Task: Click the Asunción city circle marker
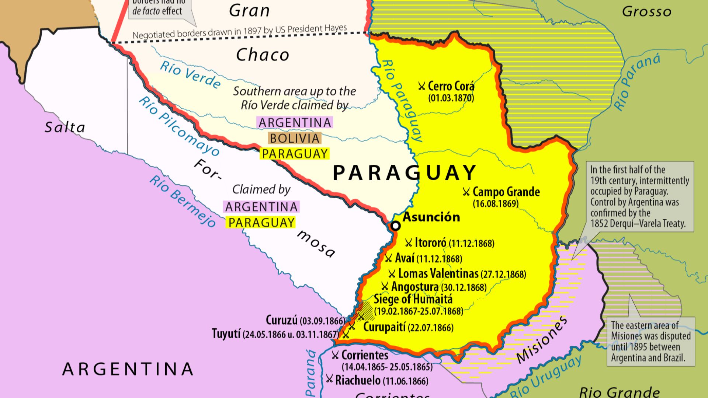pos(395,226)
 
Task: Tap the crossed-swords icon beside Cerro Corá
pos(421,86)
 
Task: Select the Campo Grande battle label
pos(506,192)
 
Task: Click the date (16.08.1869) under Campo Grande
pos(496,204)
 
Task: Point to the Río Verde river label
pos(190,75)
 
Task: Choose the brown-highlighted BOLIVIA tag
pos(295,138)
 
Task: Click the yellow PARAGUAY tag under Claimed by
pos(261,223)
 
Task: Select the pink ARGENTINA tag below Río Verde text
pos(295,122)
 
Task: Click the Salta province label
pos(65,128)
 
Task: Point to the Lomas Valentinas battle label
pos(438,274)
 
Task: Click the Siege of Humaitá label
pos(413,299)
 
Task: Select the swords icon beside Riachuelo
pos(329,379)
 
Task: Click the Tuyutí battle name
pos(226,334)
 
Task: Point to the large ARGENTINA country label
pos(128,369)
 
